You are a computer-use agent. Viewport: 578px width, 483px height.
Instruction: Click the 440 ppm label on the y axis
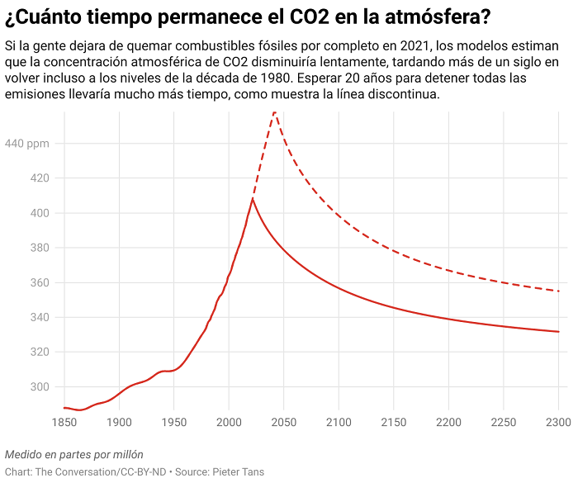28,144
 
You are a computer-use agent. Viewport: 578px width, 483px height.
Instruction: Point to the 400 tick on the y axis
40,213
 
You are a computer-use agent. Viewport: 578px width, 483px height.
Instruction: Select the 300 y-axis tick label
40,387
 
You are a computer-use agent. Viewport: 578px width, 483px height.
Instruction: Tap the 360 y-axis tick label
40,283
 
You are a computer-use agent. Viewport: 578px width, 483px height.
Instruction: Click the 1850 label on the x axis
64,423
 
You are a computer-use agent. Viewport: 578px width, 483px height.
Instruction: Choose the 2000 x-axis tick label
229,423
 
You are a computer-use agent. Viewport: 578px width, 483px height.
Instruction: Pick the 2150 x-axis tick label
394,423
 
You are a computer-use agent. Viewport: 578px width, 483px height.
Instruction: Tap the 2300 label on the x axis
558,423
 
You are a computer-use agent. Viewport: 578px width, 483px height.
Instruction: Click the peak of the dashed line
274,111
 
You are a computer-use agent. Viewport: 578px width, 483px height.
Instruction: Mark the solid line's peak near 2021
253,199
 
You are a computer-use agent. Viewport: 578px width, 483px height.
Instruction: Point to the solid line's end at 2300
559,332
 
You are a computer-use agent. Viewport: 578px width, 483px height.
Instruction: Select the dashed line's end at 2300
559,291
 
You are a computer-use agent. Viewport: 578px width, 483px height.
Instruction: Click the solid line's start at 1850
64,408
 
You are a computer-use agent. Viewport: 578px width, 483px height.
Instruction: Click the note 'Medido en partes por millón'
74,454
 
